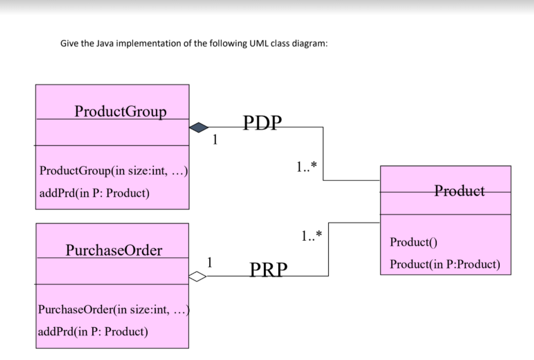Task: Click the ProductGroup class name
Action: (120, 111)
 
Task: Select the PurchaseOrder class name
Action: (114, 250)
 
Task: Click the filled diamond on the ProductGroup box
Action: (199, 127)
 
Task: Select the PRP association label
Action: (269, 269)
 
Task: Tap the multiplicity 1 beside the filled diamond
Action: (216, 138)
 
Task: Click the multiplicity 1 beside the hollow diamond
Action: (209, 262)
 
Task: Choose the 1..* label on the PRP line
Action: (312, 236)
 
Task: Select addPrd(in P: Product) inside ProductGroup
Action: (94, 193)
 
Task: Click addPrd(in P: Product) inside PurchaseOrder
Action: (93, 331)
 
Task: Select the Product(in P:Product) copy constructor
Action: (444, 264)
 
